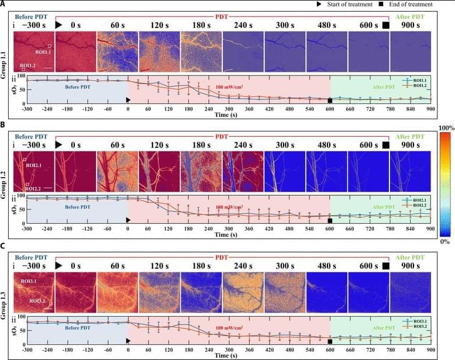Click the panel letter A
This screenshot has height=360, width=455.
click(x=4, y=4)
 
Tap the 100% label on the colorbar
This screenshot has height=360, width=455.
click(x=447, y=127)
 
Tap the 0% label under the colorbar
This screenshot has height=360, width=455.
click(x=446, y=241)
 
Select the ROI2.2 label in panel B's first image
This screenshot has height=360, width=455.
click(x=32, y=189)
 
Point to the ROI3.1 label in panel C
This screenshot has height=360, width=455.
click(x=30, y=282)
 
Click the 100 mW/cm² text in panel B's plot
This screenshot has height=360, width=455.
click(x=229, y=207)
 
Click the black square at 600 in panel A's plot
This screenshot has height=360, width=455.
click(x=330, y=100)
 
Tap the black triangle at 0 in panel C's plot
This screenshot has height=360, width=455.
click(x=128, y=341)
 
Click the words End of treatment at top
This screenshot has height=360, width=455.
click(x=415, y=4)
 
